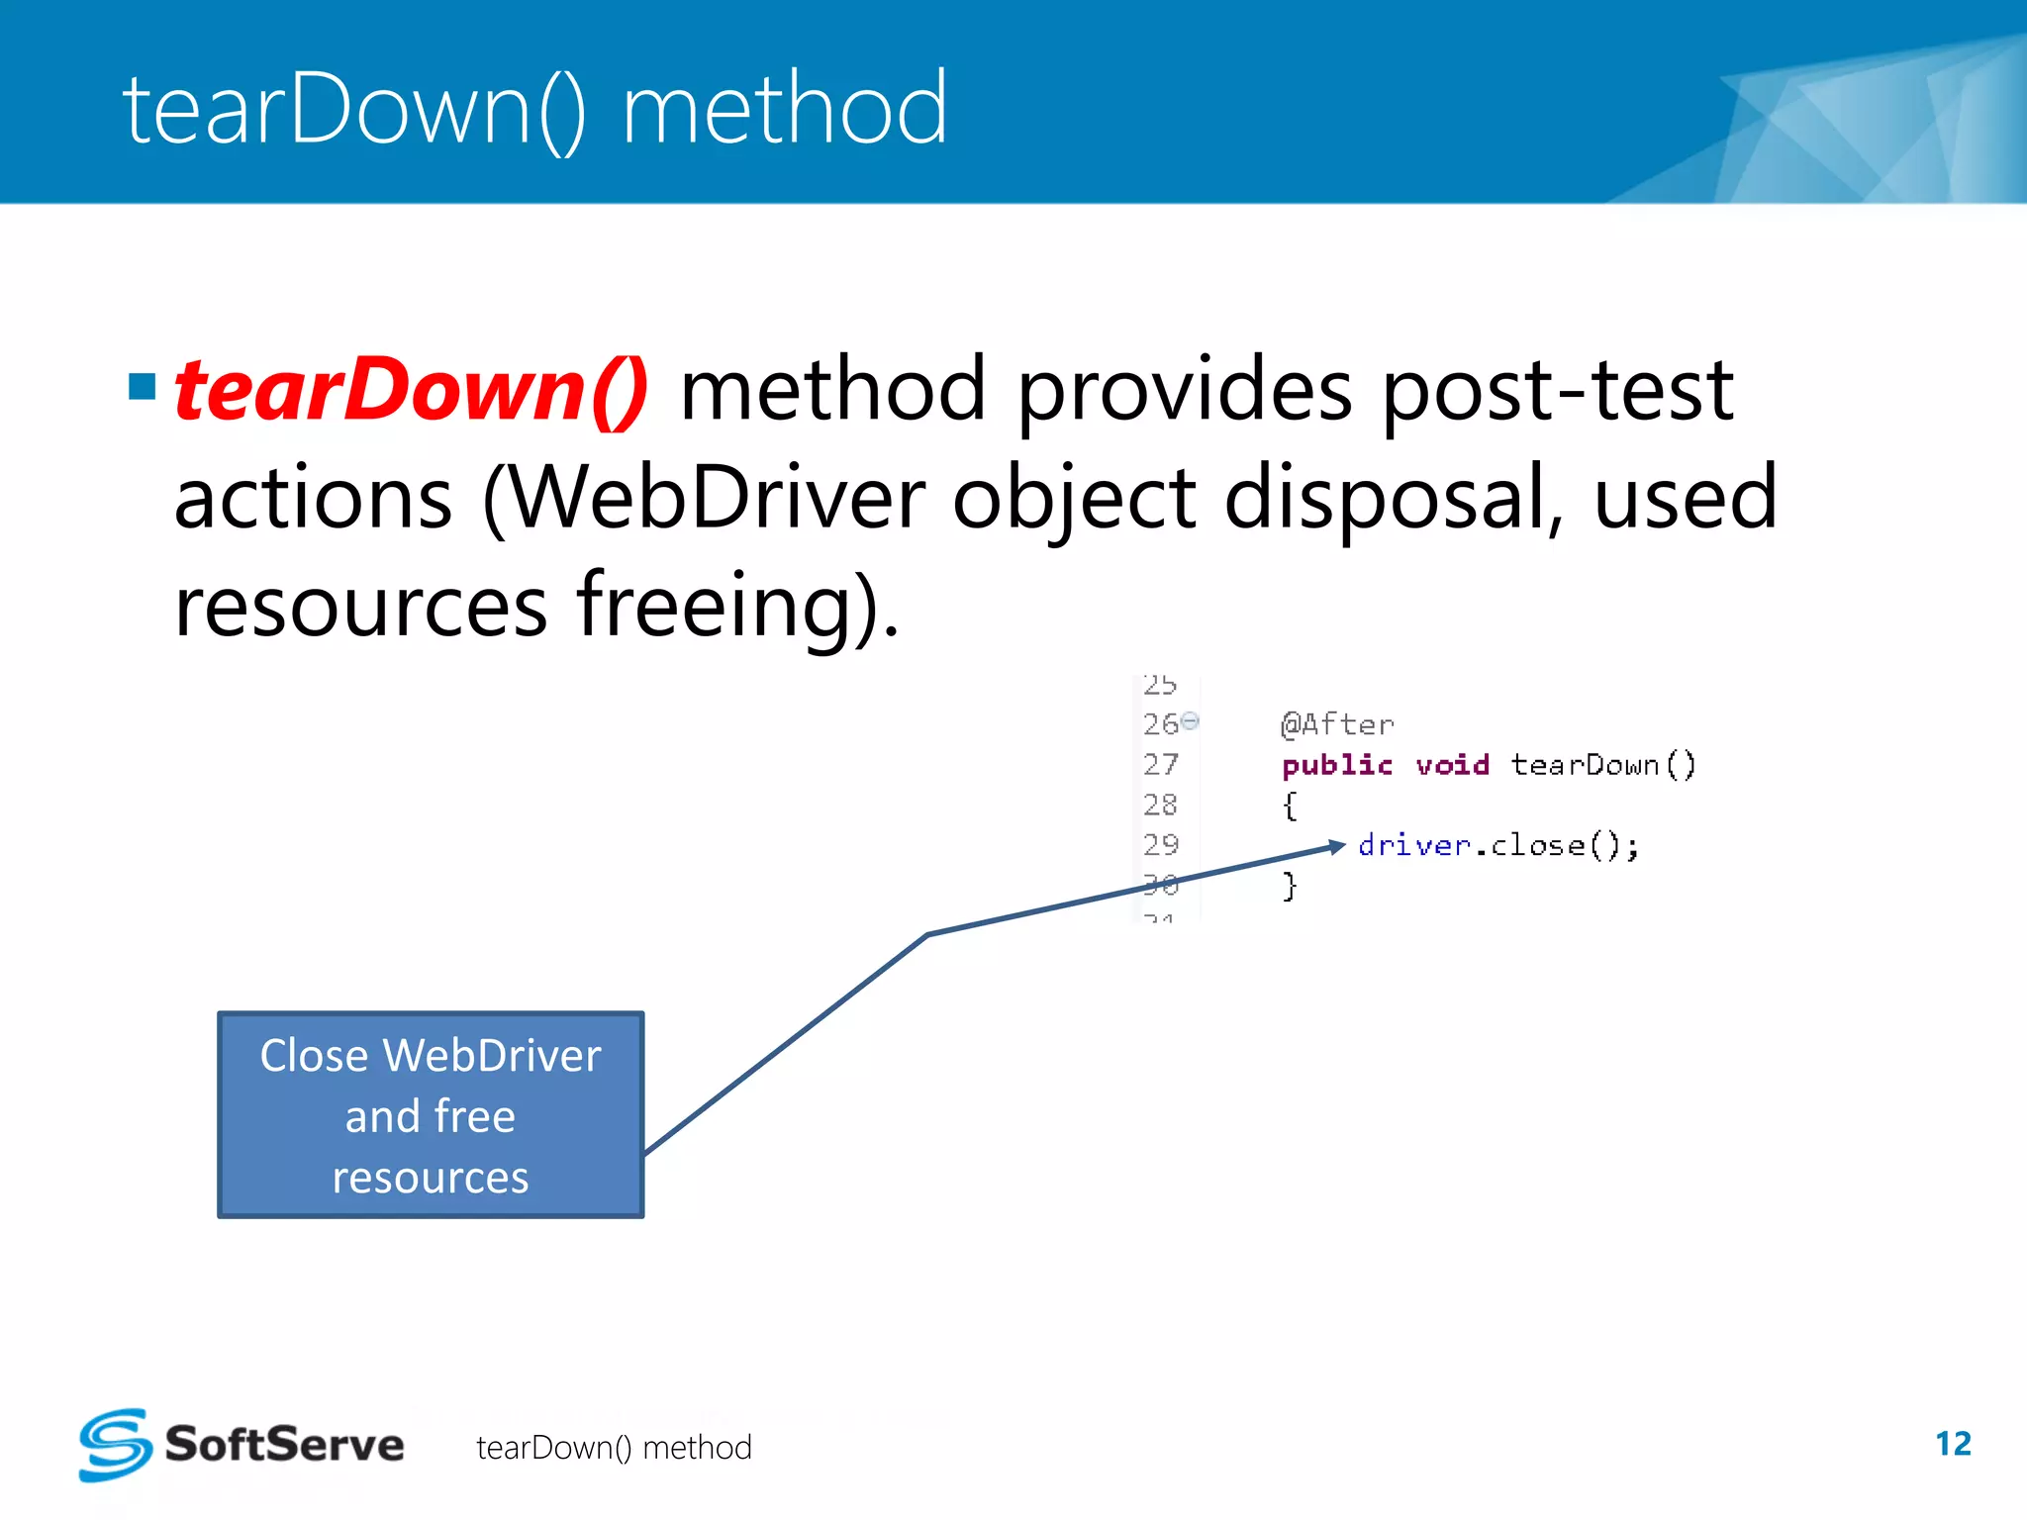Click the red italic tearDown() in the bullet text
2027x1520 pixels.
click(411, 391)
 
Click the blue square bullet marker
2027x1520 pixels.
click(143, 386)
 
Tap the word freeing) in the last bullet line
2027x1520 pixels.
click(737, 606)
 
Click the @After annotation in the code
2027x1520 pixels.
click(1337, 724)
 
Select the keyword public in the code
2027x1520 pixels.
click(1337, 765)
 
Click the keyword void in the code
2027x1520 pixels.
click(1452, 765)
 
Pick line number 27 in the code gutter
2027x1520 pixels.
click(1161, 764)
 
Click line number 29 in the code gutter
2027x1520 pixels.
click(1161, 844)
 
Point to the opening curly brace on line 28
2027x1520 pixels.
click(1289, 806)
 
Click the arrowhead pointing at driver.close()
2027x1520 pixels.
click(1337, 846)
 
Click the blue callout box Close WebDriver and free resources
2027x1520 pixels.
click(431, 1115)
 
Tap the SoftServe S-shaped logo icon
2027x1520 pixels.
click(115, 1445)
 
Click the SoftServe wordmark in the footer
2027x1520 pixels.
click(285, 1445)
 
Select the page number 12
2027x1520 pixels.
click(1953, 1444)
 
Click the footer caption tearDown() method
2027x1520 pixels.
click(614, 1448)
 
